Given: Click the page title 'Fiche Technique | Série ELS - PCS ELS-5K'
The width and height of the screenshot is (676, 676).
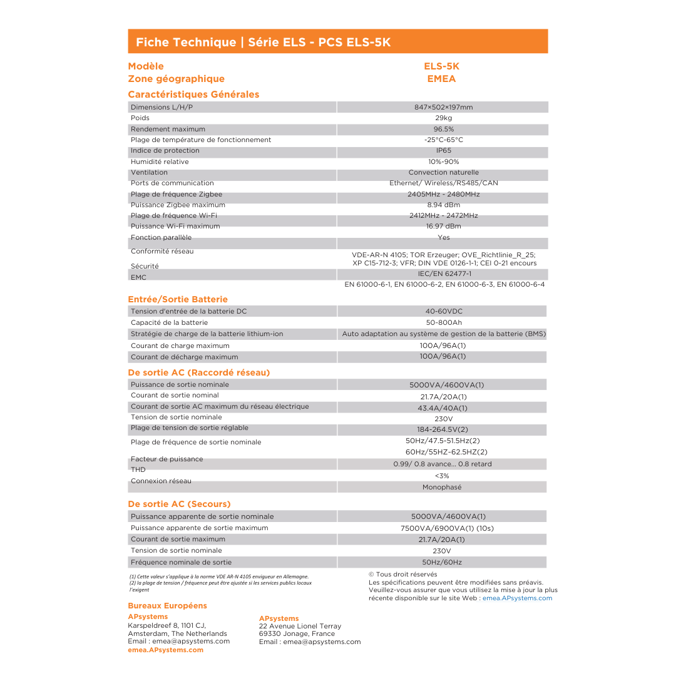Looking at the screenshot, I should [x=263, y=43].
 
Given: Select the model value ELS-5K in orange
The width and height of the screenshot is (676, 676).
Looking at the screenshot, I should [x=441, y=66].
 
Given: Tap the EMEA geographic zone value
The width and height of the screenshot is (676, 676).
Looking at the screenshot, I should [x=441, y=79].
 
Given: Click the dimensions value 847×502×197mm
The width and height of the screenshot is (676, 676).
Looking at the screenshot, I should [x=443, y=107].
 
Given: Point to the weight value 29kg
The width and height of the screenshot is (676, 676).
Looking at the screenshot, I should [x=443, y=118].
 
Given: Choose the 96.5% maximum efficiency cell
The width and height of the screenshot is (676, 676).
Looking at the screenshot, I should [x=443, y=129].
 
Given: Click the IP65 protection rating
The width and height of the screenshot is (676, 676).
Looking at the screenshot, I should [x=443, y=151].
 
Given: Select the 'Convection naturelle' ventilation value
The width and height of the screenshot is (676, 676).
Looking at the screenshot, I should [x=443, y=173].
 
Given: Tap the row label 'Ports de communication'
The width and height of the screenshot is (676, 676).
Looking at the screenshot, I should [x=172, y=183].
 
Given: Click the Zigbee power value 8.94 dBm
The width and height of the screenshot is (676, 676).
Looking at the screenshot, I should [x=443, y=205].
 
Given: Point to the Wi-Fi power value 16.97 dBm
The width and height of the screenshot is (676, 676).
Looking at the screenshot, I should [x=443, y=227].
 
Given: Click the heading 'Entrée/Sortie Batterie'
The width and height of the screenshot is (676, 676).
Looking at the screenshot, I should [x=178, y=299].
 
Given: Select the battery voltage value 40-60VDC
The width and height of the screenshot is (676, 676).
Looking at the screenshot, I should [x=444, y=311].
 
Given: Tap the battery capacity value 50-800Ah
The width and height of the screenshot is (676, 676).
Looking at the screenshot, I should [x=444, y=323].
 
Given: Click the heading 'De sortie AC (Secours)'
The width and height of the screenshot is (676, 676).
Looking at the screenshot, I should [x=179, y=504].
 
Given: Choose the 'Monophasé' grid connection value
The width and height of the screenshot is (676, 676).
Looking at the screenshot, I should [x=442, y=487].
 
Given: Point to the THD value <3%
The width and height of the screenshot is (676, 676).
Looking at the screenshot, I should [x=442, y=476].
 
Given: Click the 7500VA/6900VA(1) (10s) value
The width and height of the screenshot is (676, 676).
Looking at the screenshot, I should [x=447, y=528].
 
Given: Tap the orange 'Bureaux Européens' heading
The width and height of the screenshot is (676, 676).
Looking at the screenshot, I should [x=167, y=606].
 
